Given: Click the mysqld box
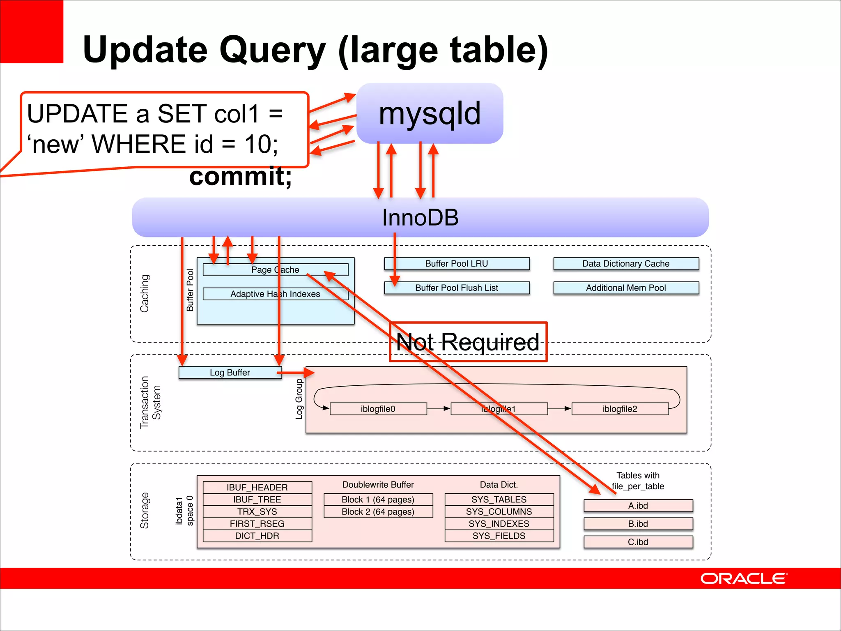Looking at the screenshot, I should [430, 113].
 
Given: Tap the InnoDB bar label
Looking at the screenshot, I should [420, 217].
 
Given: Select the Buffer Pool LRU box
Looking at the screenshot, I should [457, 264].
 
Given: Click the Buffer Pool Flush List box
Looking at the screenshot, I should [457, 288].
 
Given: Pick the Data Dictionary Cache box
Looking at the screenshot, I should [626, 264].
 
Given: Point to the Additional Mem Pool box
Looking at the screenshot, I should [626, 288].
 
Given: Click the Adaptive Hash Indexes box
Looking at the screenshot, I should [275, 294].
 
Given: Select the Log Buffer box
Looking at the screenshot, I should [230, 373].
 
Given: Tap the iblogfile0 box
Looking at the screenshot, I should [378, 409].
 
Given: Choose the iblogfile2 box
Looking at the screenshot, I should [620, 409].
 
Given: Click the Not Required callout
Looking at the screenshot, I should [468, 342].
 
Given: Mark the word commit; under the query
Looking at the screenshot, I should [241, 177].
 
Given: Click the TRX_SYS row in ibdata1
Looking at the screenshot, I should [257, 512].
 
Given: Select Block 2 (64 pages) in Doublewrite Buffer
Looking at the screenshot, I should [378, 512].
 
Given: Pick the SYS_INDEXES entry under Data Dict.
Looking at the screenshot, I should [499, 524].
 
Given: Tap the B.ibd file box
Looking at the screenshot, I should [638, 524].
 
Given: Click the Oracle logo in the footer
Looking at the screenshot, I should [743, 578].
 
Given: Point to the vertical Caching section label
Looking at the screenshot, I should [145, 293].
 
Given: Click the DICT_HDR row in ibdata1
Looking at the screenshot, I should [257, 536].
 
